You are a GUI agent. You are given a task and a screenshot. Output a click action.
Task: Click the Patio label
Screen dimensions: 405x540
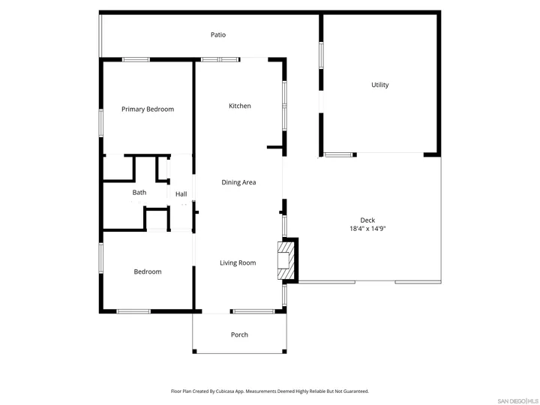click(218, 34)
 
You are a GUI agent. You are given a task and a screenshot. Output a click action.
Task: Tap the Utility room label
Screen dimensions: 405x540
click(380, 85)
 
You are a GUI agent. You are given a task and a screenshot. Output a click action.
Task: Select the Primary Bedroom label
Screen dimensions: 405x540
click(148, 109)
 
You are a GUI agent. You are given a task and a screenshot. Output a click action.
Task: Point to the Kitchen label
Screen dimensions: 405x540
click(240, 106)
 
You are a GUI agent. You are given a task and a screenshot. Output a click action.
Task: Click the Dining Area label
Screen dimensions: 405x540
click(238, 182)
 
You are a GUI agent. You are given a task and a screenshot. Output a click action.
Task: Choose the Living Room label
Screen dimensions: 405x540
click(238, 262)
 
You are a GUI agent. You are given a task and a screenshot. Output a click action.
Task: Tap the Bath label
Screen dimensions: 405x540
click(139, 193)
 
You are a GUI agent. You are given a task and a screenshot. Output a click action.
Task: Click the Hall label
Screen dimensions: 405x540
click(181, 194)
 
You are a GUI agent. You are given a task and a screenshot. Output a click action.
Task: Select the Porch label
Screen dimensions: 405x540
click(239, 334)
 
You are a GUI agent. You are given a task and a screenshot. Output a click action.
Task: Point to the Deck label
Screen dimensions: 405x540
click(367, 220)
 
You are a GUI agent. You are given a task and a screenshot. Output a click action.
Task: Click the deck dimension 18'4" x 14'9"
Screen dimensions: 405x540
click(367, 229)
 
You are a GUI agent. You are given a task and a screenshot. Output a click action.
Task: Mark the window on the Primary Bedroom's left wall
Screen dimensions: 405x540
click(101, 122)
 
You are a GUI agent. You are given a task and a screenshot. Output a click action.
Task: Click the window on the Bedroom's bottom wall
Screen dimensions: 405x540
click(133, 311)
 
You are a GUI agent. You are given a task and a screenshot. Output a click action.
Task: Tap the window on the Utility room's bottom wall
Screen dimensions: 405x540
click(338, 155)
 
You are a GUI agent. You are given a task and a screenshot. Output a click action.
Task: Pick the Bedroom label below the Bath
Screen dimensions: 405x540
click(148, 271)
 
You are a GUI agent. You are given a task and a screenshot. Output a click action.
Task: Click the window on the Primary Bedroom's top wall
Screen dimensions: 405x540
click(136, 59)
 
